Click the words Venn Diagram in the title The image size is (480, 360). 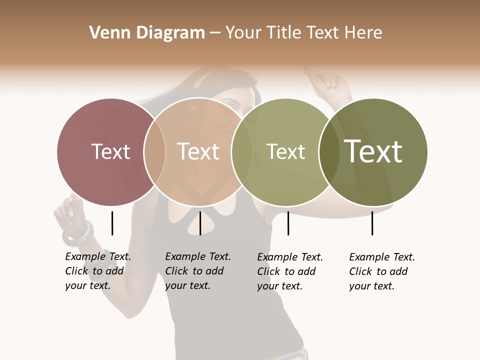pyautogui.click(x=147, y=33)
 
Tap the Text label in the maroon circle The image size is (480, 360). pyautogui.click(x=110, y=151)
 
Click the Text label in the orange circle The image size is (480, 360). pyautogui.click(x=198, y=151)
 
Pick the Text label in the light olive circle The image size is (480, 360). pyautogui.click(x=285, y=151)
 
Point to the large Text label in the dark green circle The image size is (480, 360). pyautogui.click(x=373, y=151)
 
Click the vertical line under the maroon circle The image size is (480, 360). pyautogui.click(x=112, y=223)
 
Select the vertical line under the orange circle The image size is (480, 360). pyautogui.click(x=200, y=223)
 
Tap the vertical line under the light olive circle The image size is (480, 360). pyautogui.click(x=288, y=223)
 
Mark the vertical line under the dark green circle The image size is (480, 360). pyautogui.click(x=372, y=223)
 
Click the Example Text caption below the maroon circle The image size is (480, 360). pyautogui.click(x=97, y=271)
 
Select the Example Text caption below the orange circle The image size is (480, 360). pyautogui.click(x=197, y=271)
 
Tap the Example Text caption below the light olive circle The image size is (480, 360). pyautogui.click(x=289, y=271)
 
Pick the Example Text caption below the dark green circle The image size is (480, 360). pyautogui.click(x=381, y=271)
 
